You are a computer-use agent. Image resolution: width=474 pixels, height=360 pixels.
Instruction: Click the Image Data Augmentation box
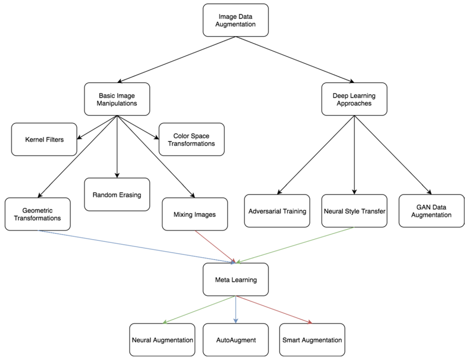(235, 20)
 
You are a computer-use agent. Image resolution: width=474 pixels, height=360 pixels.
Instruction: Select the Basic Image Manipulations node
(117, 99)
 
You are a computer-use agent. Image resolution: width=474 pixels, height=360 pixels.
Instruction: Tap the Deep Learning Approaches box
(354, 99)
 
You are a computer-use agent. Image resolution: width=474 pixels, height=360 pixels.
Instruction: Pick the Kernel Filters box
(44, 140)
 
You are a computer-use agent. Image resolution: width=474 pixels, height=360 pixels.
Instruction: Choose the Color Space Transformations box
(191, 140)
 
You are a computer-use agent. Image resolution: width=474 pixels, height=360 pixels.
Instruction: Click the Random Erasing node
(117, 195)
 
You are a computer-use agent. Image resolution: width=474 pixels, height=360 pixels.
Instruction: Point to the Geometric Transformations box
(37, 214)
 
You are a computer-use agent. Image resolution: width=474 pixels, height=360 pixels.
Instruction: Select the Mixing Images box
(194, 214)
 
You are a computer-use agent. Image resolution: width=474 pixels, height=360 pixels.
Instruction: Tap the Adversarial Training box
(277, 211)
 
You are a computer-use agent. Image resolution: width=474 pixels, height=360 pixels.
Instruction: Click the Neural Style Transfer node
(354, 211)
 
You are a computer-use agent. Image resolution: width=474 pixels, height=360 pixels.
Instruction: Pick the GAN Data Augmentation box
(431, 211)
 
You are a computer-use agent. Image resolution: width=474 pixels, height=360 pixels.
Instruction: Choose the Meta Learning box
(235, 279)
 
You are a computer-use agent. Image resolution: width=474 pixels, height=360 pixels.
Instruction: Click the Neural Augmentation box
(162, 340)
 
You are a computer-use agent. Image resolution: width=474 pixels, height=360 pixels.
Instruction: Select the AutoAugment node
(235, 340)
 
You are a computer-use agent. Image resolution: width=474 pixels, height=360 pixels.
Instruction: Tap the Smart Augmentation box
(312, 340)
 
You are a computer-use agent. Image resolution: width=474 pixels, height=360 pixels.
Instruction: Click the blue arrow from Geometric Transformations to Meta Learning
(136, 246)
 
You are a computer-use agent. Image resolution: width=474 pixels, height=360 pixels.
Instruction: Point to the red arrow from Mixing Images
(215, 246)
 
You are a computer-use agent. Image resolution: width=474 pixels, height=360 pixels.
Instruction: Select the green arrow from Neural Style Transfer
(295, 245)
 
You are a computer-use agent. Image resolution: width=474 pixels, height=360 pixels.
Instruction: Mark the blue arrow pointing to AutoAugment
(235, 310)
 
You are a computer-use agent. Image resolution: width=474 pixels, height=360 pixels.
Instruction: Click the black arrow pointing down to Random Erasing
(117, 147)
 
